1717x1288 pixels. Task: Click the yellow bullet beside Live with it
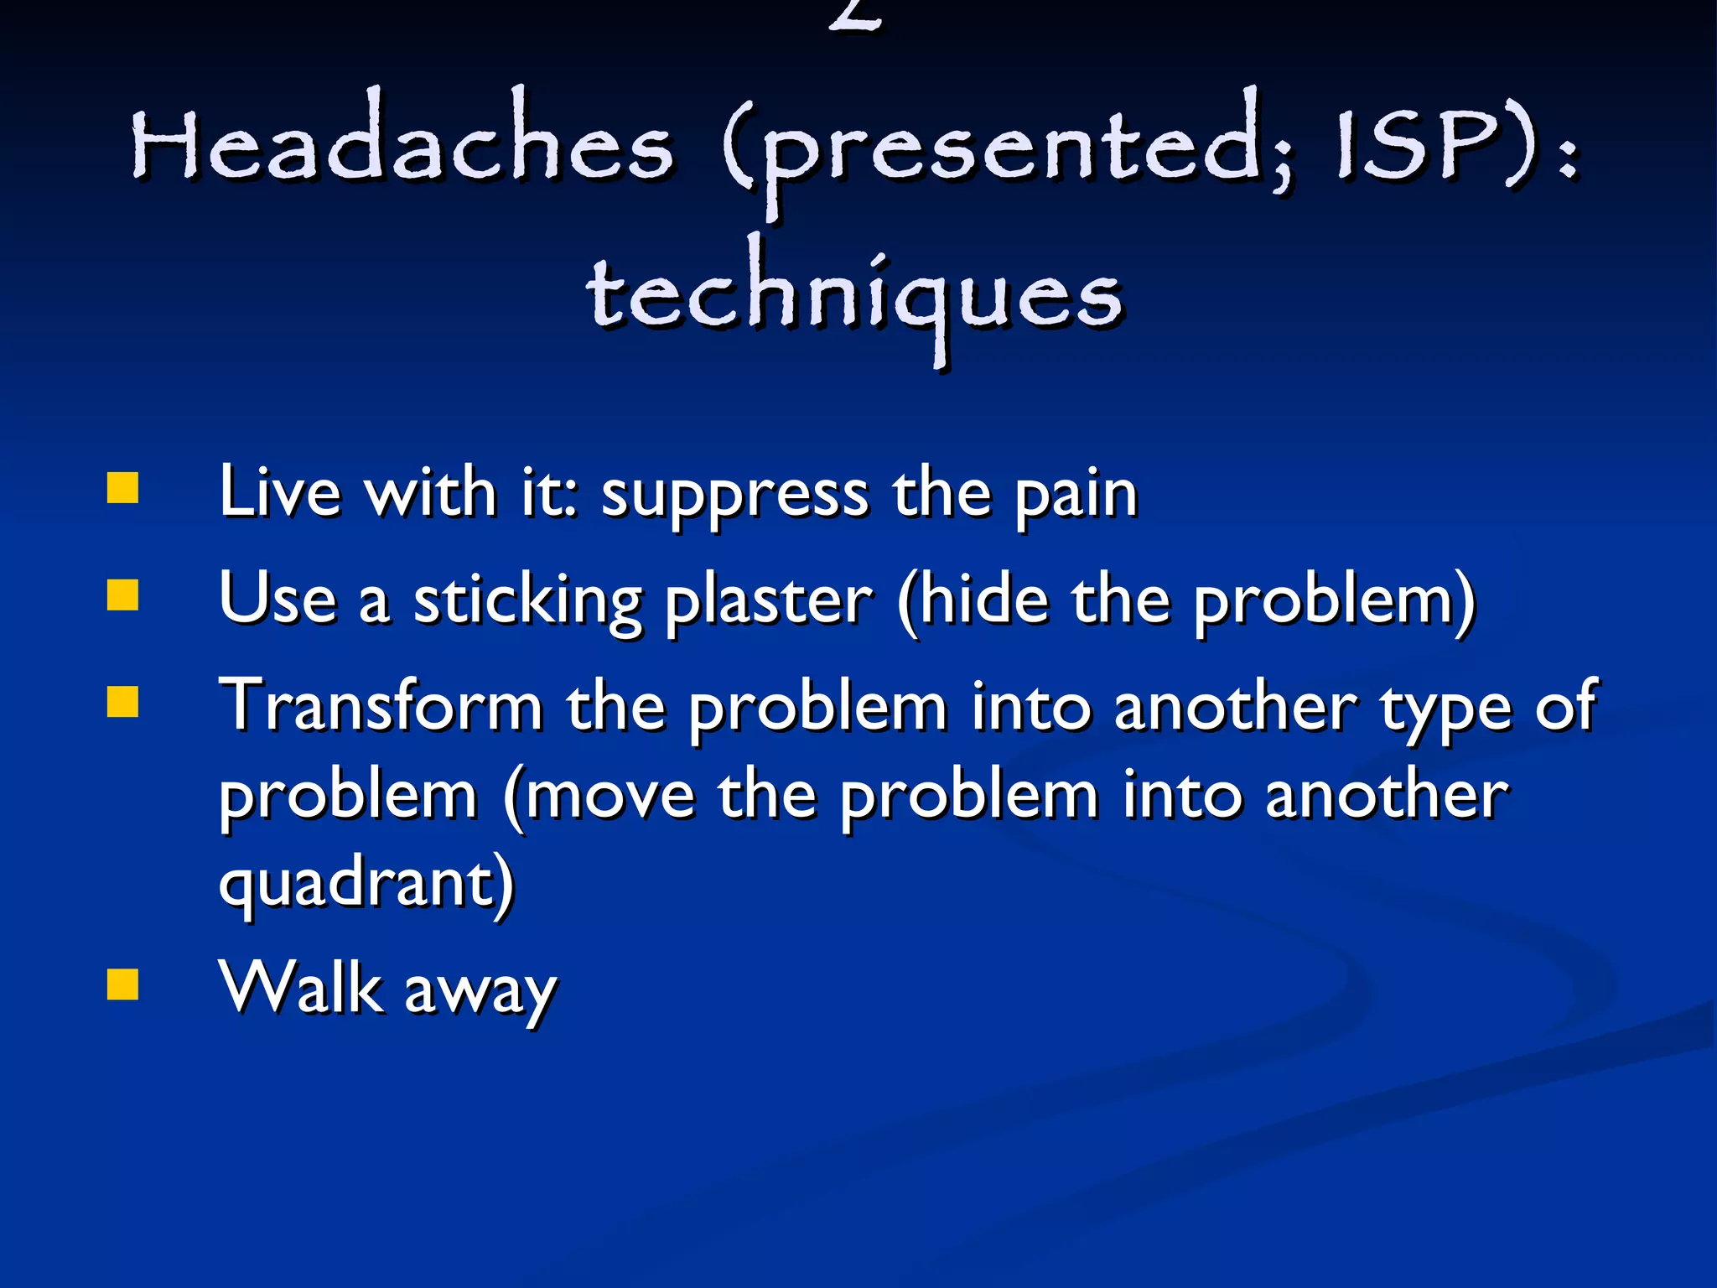[123, 488]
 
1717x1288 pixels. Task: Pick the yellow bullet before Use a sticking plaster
[123, 595]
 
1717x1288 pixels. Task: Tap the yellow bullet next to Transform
[123, 703]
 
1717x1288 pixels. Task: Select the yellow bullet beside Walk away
[123, 985]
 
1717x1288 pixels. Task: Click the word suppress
[734, 495]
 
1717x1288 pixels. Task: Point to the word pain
[1076, 495]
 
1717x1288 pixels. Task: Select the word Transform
[381, 706]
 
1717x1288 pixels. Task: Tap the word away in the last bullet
[480, 993]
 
